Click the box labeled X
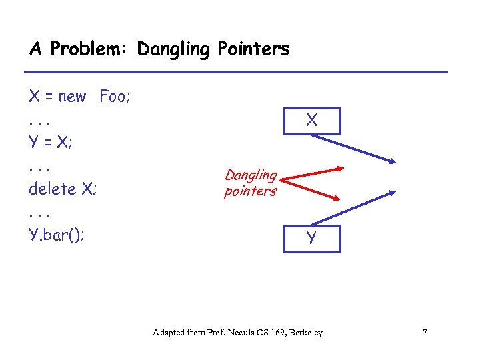(x=312, y=121)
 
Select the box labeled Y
(x=312, y=239)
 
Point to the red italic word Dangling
(x=251, y=175)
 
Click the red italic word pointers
(x=251, y=191)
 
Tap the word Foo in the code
(x=115, y=97)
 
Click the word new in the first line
(x=72, y=97)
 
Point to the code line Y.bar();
(x=57, y=235)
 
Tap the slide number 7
(x=425, y=332)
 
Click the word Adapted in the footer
(x=170, y=332)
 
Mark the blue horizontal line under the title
(x=235, y=72)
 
